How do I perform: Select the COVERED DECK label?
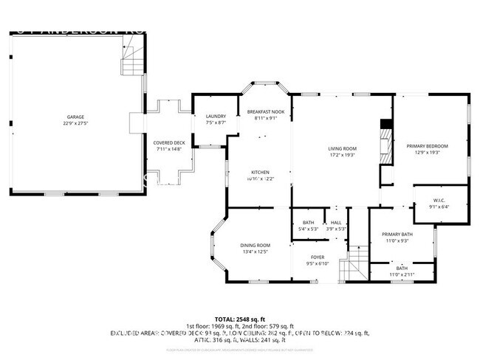pos(168,142)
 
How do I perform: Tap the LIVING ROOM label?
pos(342,148)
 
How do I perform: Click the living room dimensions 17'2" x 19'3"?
pos(342,155)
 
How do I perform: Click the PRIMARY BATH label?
pos(397,234)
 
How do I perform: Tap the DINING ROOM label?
pos(255,245)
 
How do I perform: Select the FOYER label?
pos(318,257)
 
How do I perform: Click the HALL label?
pos(336,222)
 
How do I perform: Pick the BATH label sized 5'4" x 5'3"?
pos(308,222)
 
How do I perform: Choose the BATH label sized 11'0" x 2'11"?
pos(401,268)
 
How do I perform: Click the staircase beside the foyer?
pos(357,263)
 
